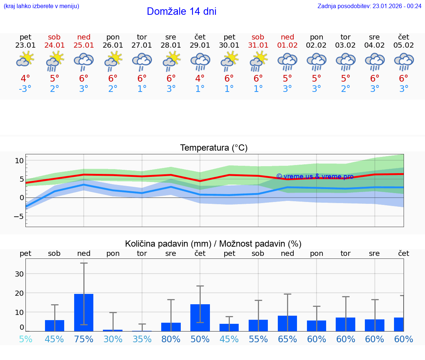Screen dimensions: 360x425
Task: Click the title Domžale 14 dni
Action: pyautogui.click(x=182, y=11)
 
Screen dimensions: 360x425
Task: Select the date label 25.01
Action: pyautogui.click(x=84, y=45)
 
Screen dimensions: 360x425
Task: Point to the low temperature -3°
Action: pyautogui.click(x=25, y=89)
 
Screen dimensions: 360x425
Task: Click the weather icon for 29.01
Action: pyautogui.click(x=200, y=61)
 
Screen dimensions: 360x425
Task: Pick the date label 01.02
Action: pyautogui.click(x=287, y=45)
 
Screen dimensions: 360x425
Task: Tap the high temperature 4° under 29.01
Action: pyautogui.click(x=200, y=78)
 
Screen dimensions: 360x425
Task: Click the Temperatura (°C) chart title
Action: pyautogui.click(x=214, y=148)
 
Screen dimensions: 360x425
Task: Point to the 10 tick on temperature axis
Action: pyautogui.click(x=19, y=161)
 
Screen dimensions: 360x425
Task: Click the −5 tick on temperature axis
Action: pyautogui.click(x=18, y=216)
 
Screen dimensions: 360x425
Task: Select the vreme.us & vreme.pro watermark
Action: pyautogui.click(x=315, y=176)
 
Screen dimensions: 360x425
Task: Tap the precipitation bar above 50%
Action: pyautogui.click(x=200, y=318)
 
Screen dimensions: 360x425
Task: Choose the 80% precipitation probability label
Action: pyautogui.click(x=171, y=339)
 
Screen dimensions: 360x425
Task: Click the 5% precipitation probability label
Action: pyautogui.click(x=25, y=339)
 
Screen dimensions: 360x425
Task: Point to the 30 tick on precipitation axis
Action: pyautogui.click(x=19, y=274)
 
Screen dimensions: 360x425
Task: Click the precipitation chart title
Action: pyautogui.click(x=213, y=244)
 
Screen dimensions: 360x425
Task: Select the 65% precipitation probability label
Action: pyautogui.click(x=287, y=339)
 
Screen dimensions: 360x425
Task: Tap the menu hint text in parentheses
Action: pyautogui.click(x=41, y=6)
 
